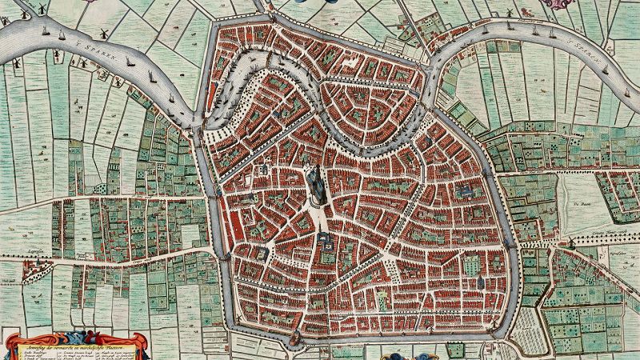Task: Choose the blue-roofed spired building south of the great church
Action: pos(325,237)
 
